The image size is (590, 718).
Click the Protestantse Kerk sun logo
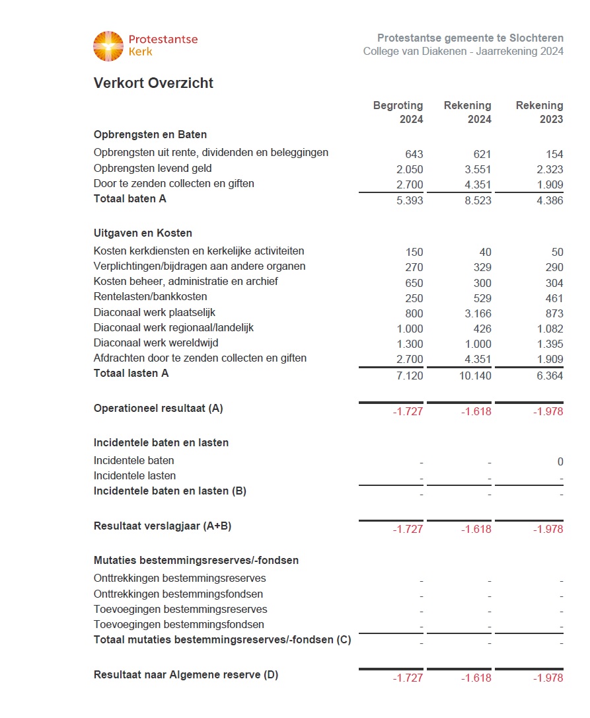(x=108, y=46)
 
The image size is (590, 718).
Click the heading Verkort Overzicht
(x=153, y=83)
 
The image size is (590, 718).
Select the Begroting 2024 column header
(x=398, y=112)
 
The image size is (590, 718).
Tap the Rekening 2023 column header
(x=539, y=112)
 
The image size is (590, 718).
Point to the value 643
(x=414, y=154)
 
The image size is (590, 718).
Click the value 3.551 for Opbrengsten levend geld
(x=478, y=169)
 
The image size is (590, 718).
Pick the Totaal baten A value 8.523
(x=478, y=200)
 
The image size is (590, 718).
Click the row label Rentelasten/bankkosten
(x=150, y=297)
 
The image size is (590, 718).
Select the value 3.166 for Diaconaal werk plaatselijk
(x=478, y=313)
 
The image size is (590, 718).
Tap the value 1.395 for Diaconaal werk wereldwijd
(x=550, y=344)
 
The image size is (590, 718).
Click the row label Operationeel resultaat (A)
(x=159, y=409)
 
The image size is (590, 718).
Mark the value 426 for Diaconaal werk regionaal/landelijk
(x=482, y=329)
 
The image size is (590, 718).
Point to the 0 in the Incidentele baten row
(x=560, y=462)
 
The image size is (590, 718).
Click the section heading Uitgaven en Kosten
(x=143, y=233)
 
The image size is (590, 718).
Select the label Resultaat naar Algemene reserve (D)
(x=186, y=675)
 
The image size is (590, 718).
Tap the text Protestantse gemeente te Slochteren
(x=470, y=38)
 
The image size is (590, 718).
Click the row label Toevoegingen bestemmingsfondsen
(x=179, y=625)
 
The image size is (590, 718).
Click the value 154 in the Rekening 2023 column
(x=554, y=154)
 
